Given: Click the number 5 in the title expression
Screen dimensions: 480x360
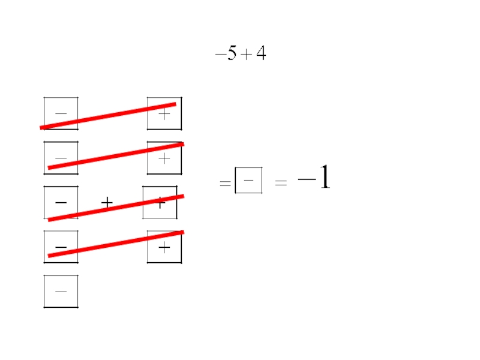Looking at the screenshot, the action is [232, 55].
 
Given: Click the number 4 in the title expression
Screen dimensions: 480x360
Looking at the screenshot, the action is [260, 55].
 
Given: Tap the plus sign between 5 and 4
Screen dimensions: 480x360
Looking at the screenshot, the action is [246, 56].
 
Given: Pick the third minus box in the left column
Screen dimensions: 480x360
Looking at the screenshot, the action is [61, 203].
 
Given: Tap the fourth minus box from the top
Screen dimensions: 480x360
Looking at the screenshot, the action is [61, 247].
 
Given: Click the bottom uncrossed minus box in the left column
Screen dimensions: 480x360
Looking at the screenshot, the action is [61, 292].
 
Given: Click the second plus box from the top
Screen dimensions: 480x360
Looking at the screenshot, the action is [164, 158].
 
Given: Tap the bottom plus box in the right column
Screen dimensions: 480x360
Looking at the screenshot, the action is [164, 247].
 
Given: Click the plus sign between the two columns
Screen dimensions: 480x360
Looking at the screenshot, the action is [107, 203].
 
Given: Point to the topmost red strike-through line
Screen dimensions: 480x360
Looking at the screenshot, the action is [108, 116].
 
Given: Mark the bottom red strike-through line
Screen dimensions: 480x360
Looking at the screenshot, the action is [115, 244].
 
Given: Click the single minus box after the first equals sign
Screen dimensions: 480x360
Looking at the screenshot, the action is [248, 180].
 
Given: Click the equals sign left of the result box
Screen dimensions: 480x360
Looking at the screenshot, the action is [225, 184].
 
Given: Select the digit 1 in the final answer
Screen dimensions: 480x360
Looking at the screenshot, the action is [324, 178].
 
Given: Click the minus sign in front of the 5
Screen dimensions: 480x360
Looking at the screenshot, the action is [220, 55].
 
